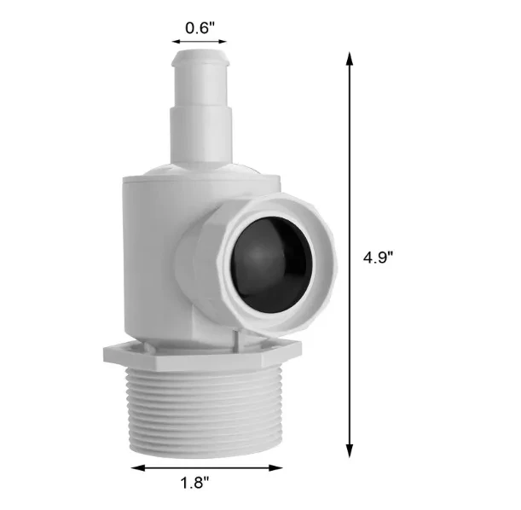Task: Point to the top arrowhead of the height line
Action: click(349, 58)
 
